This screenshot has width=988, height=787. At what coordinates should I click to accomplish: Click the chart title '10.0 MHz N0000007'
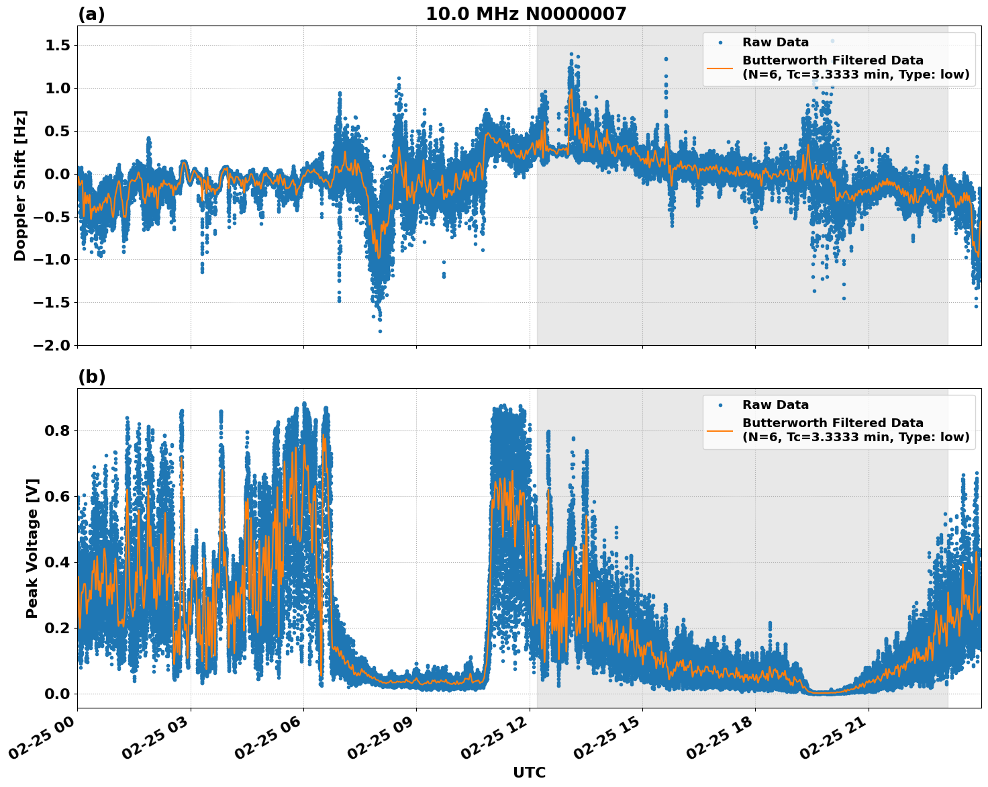[x=526, y=14]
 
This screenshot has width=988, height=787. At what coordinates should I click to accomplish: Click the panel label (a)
[x=91, y=14]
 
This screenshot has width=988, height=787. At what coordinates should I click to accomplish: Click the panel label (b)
[x=91, y=377]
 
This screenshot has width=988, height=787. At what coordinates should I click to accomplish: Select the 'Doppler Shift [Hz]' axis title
[x=20, y=185]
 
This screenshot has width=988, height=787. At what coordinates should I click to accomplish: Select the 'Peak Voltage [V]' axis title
[x=32, y=548]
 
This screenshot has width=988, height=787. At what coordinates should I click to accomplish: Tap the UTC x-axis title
[x=529, y=772]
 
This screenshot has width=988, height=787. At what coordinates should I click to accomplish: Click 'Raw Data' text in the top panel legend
[x=775, y=42]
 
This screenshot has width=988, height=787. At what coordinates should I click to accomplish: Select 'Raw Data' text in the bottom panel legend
[x=775, y=405]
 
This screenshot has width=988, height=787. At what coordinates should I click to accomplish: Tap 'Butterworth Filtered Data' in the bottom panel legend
[x=832, y=423]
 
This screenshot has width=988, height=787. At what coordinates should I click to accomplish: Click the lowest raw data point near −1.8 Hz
[x=380, y=331]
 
